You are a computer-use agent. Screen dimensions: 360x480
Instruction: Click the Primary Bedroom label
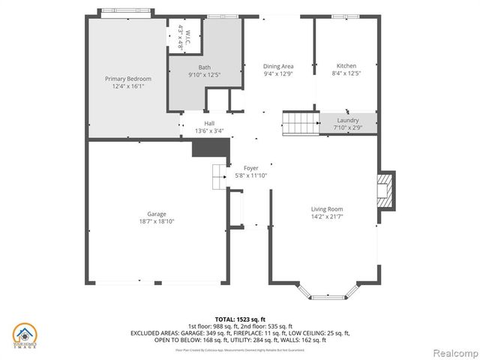coord(127,79)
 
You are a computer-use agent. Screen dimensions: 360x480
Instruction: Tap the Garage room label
coord(156,214)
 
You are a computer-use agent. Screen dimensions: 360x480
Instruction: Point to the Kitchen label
coord(346,66)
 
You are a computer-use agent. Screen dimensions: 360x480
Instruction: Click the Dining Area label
coord(278,66)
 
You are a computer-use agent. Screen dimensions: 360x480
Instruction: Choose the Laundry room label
coord(347,120)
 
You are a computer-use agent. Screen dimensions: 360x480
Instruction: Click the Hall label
coord(209,124)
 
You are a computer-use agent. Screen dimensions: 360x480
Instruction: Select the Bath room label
coord(204,67)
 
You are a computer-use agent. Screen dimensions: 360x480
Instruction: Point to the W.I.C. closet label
coord(184,37)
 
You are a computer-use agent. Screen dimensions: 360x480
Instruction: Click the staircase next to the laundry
coord(300,123)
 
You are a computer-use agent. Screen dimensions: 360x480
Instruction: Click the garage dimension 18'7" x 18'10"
coord(156,221)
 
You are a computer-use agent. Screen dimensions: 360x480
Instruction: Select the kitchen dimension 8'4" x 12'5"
coord(346,73)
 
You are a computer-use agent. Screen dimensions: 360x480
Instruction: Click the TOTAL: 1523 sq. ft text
coord(240,319)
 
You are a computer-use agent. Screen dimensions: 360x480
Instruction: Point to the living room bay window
coord(324,291)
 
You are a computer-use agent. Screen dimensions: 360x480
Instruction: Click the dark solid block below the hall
coord(203,148)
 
